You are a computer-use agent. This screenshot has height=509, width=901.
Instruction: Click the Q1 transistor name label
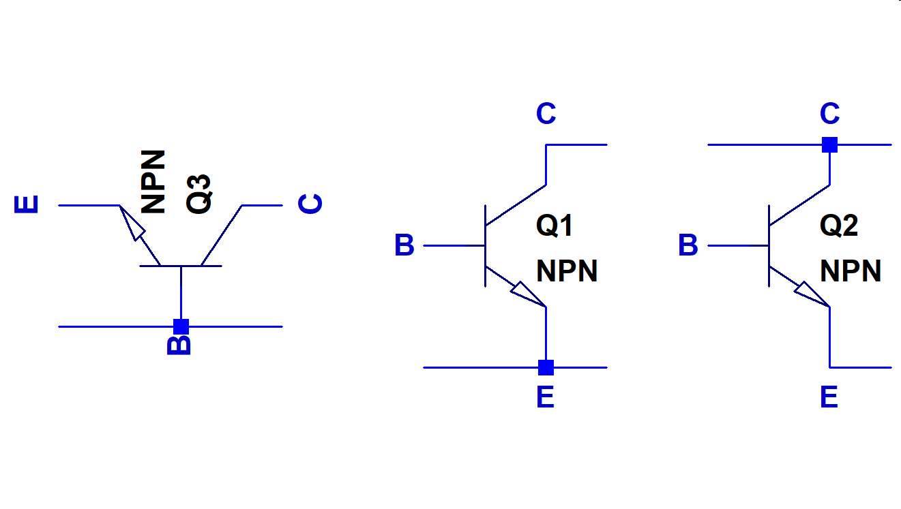point(555,226)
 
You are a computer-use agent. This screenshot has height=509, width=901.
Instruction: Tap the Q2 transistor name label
point(839,226)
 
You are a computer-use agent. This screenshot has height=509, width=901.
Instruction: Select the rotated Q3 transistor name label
point(199,194)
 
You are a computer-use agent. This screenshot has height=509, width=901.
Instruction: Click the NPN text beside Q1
point(567,271)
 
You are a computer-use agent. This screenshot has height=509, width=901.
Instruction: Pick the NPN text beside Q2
point(851,271)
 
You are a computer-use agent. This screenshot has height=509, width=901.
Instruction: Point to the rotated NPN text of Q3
point(154,182)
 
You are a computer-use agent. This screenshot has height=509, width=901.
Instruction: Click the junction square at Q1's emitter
point(546,367)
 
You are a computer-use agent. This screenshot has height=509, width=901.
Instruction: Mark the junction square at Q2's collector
point(829,144)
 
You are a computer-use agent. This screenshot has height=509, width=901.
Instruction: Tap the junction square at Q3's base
point(181,326)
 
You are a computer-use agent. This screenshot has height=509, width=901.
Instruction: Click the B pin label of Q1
point(404,246)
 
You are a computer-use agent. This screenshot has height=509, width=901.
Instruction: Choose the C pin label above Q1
point(546,114)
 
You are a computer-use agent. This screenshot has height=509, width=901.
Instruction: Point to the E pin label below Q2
point(829,397)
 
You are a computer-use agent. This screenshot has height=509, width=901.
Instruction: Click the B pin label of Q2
point(688,246)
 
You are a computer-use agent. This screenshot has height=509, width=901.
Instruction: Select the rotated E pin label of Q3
point(27,205)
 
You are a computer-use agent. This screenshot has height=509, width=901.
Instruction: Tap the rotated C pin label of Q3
point(311,204)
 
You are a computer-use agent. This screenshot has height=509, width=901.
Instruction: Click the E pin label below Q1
point(545,397)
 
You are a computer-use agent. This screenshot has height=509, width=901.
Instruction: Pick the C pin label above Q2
point(829,114)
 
